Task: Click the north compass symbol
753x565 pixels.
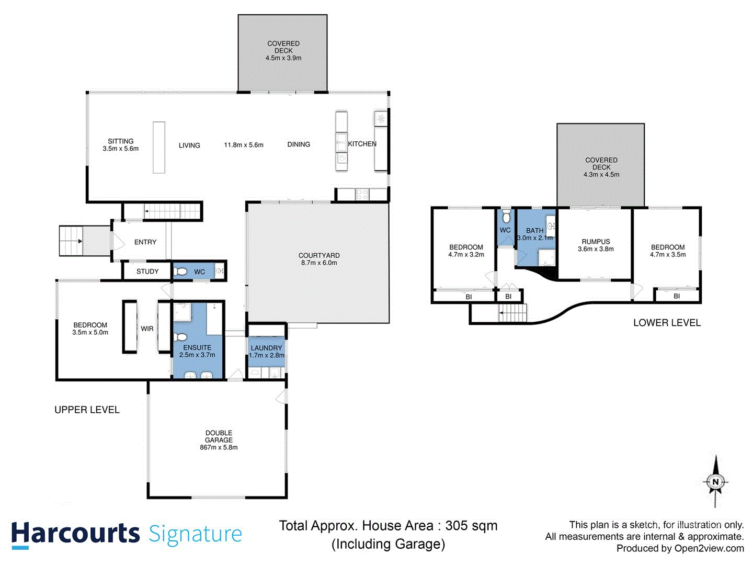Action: click(715, 482)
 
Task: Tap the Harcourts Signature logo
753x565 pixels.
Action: click(127, 535)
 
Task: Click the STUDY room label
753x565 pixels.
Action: click(147, 272)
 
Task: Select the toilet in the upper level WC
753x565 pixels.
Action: click(180, 272)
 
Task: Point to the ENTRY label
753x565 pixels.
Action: click(145, 242)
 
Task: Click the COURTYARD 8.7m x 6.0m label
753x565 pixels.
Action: click(319, 259)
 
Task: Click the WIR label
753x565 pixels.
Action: click(147, 329)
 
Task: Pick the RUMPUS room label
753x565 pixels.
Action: click(596, 245)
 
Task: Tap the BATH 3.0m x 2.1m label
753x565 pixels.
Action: click(534, 234)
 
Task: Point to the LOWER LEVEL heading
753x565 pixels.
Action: click(667, 323)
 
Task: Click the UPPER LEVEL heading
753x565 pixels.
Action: click(87, 410)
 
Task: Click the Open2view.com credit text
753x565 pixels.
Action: click(709, 548)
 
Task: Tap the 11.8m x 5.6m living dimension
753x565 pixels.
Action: click(244, 145)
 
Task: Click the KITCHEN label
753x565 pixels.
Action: click(362, 144)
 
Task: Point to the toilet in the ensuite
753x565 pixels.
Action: click(181, 336)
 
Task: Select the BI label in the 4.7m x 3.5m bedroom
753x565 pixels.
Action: click(677, 296)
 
